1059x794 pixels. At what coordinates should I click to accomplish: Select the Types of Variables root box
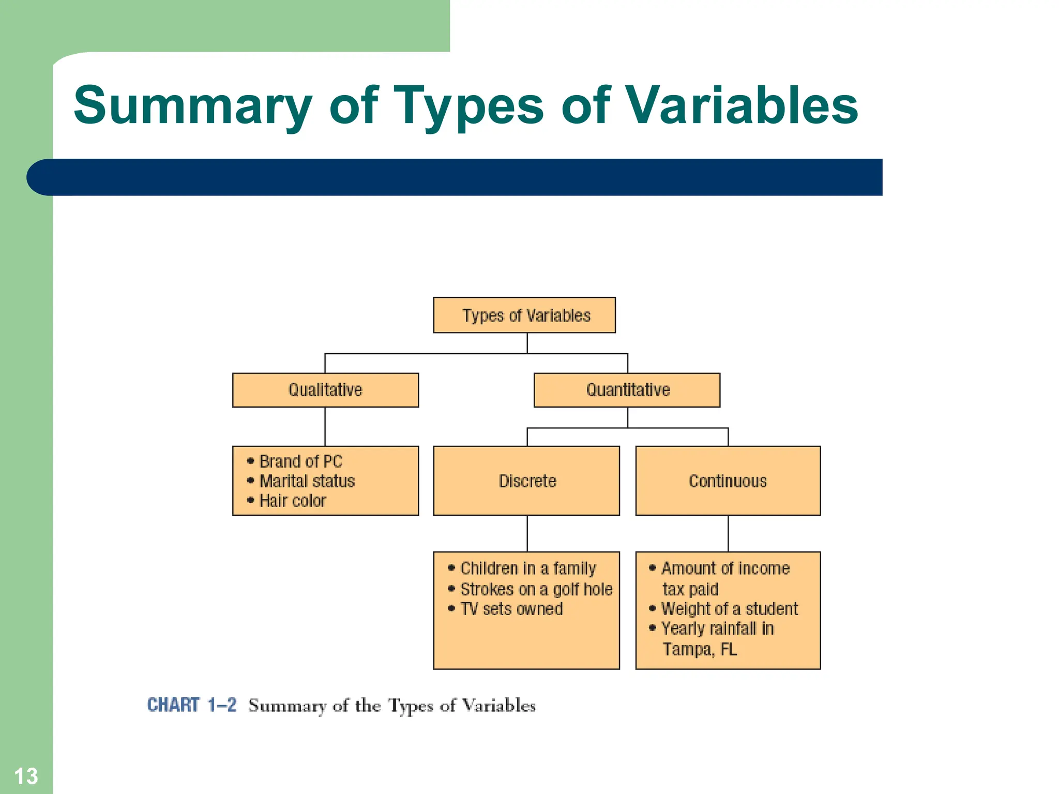[524, 315]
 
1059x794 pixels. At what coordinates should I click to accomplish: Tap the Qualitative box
[325, 390]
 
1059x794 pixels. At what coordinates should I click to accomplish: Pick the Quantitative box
[627, 390]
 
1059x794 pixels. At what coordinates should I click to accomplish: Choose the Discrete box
[526, 481]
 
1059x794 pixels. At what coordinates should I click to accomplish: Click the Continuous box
[728, 481]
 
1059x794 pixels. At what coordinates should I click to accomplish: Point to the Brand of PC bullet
[300, 461]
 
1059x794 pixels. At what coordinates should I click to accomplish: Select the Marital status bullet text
[307, 481]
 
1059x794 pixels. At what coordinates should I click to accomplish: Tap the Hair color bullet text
[292, 501]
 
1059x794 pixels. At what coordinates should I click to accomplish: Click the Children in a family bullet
[527, 569]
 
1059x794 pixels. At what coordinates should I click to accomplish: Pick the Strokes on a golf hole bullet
[536, 589]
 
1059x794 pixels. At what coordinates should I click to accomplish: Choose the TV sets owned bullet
[511, 609]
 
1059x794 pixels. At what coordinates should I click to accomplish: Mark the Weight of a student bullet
[729, 609]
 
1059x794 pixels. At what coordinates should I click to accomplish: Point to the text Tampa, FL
[700, 649]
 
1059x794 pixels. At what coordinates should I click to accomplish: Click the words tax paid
[690, 589]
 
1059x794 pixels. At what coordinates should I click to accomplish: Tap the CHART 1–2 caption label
[191, 705]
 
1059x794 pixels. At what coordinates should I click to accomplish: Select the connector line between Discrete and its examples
[527, 533]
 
